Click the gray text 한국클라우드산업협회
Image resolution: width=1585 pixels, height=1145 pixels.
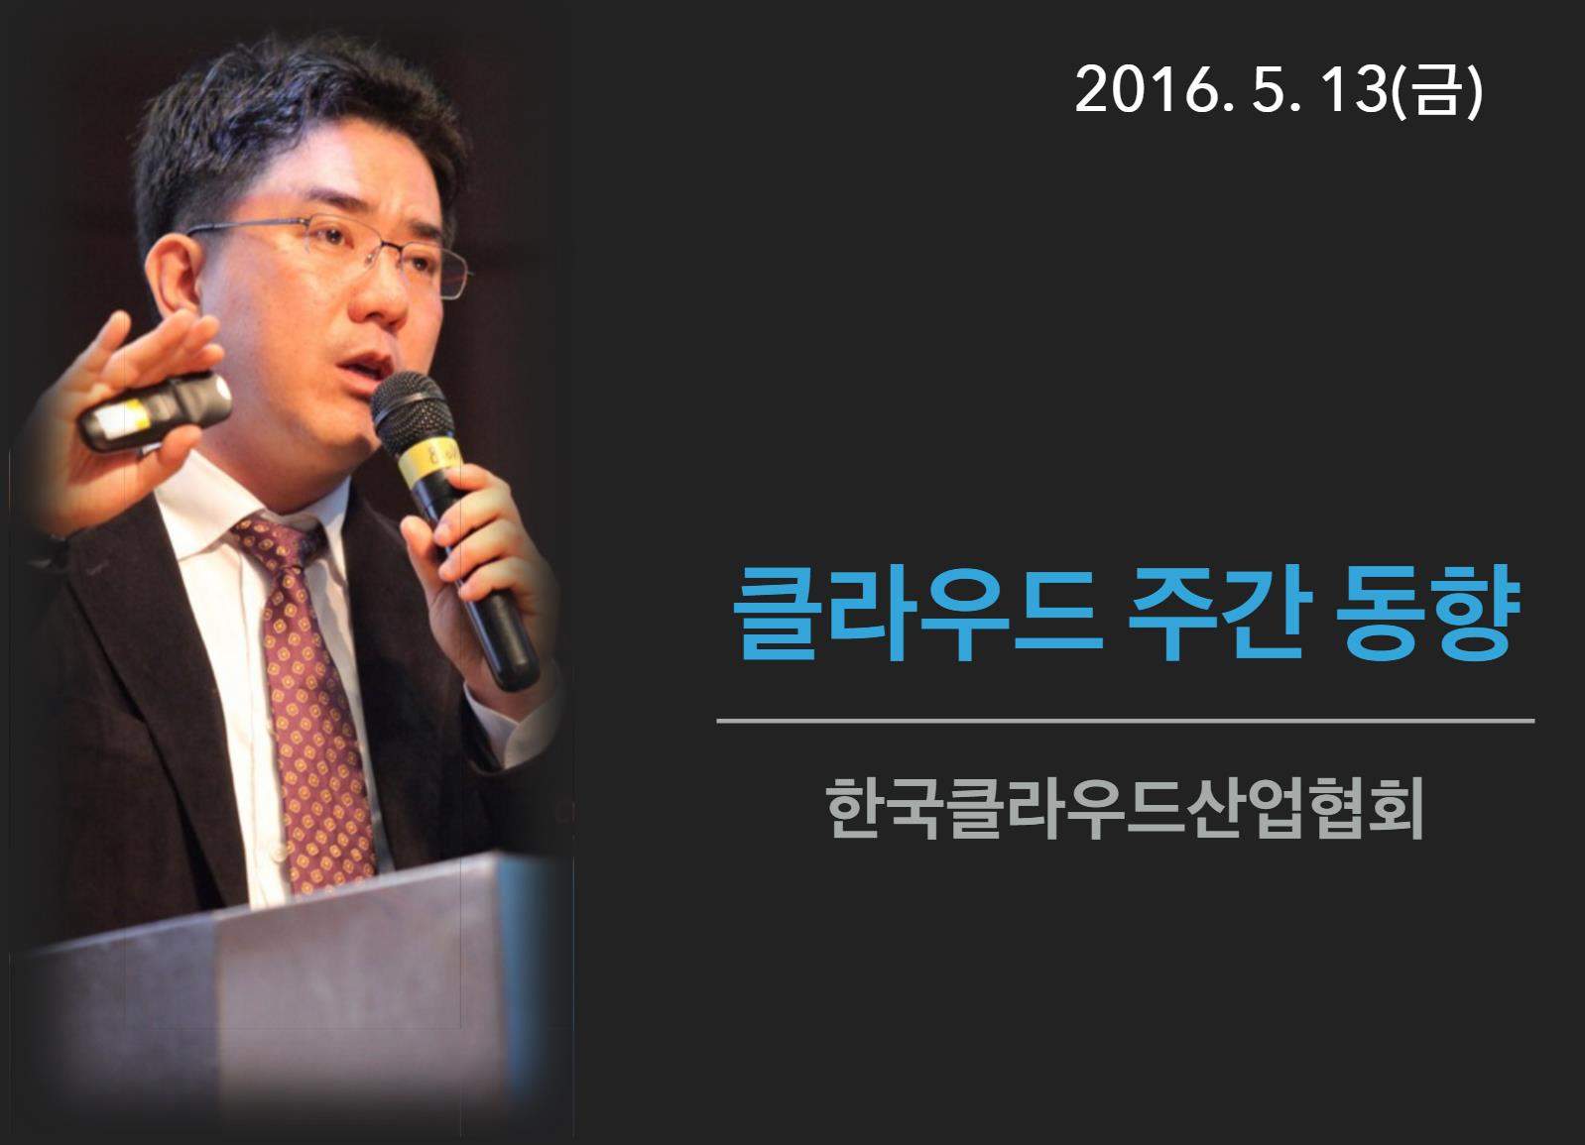[x=1125, y=807]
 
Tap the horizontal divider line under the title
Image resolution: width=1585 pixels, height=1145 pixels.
[x=1125, y=721]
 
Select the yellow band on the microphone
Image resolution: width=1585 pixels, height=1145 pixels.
[x=428, y=457]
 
